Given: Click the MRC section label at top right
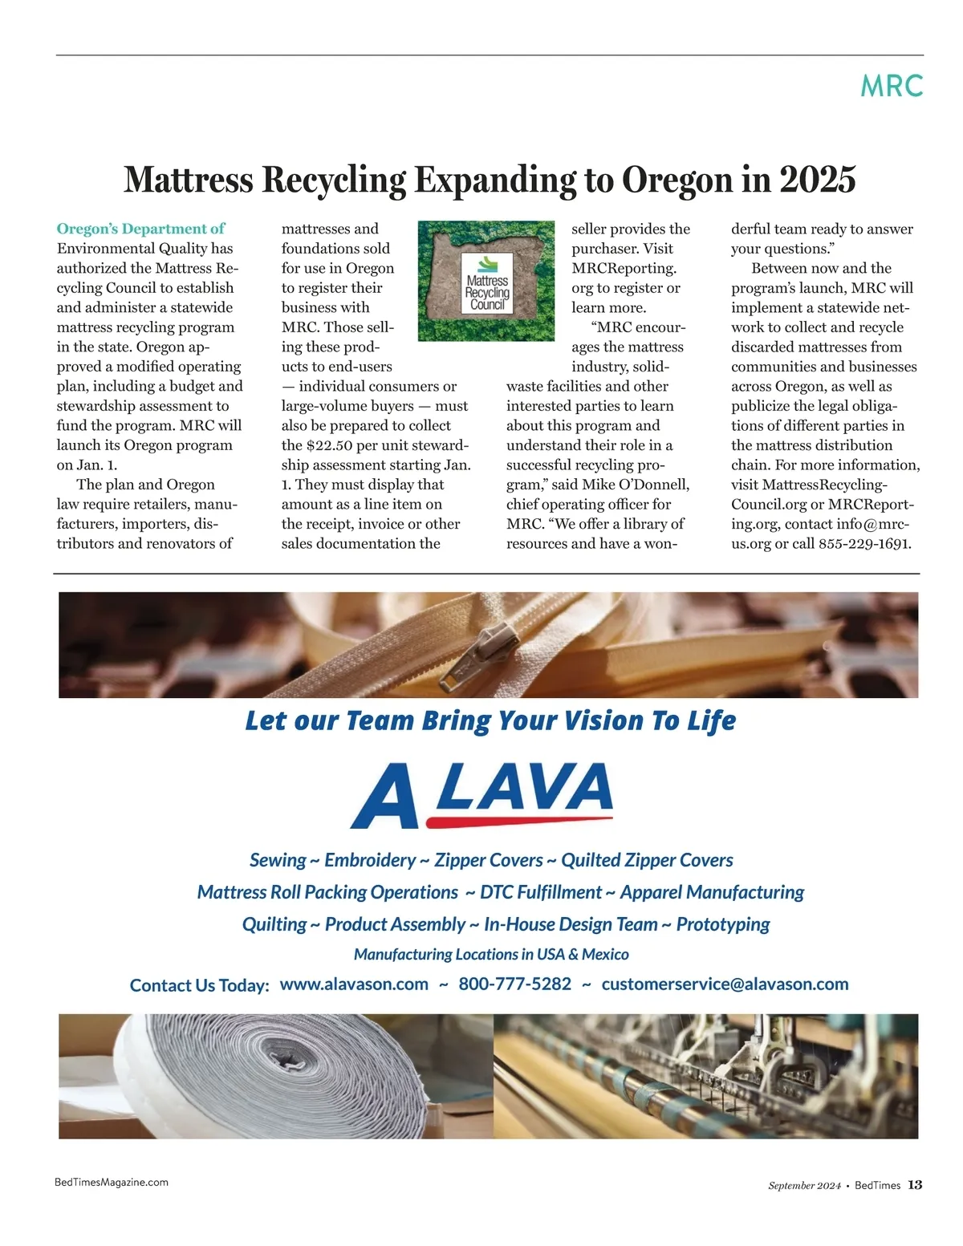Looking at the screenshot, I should (x=891, y=86).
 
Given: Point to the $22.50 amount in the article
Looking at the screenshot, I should (x=332, y=445).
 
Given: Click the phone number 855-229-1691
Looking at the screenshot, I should (x=864, y=543).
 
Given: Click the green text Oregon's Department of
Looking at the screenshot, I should (x=140, y=229).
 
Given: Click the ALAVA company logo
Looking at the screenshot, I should (x=481, y=793).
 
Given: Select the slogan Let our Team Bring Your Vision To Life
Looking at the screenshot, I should (x=490, y=720).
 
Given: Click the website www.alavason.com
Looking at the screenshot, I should (x=354, y=984).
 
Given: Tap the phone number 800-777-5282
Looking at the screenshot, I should (x=514, y=984).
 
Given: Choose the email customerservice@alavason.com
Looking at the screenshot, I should (x=725, y=984).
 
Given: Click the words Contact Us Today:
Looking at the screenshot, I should (x=199, y=985).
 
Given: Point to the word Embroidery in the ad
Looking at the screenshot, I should (x=370, y=861).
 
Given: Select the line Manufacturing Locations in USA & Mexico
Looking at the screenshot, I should (x=491, y=954).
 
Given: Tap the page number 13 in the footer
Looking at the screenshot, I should (x=915, y=1185).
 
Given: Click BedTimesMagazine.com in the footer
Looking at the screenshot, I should (x=112, y=1182).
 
